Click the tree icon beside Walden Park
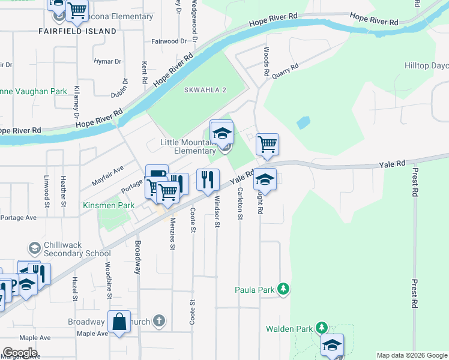(322, 328)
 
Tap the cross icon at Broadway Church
(158, 321)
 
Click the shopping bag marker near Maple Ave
(119, 322)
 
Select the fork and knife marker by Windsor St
(208, 179)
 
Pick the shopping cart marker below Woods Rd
(267, 145)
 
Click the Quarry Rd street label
(285, 71)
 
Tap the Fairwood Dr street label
(169, 41)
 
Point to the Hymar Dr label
(107, 61)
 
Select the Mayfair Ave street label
(107, 175)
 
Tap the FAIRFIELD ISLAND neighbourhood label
(77, 31)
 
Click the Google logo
(20, 352)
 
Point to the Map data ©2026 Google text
(412, 355)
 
